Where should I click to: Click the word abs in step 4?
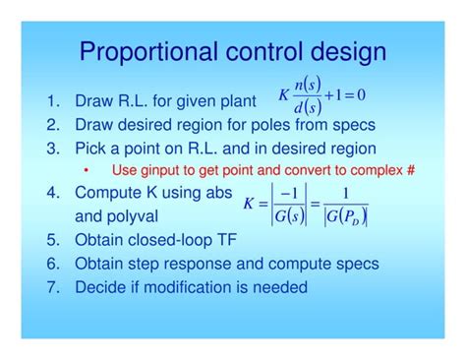[x=221, y=192]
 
